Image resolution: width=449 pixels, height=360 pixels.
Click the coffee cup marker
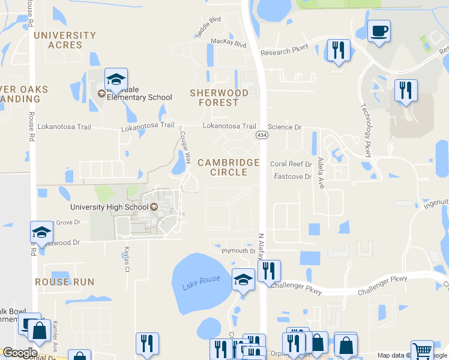(x=379, y=31)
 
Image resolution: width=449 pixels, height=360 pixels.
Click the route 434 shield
(x=264, y=135)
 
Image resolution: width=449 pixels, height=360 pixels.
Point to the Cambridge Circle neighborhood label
(x=229, y=167)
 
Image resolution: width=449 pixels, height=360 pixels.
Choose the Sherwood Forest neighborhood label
(x=219, y=97)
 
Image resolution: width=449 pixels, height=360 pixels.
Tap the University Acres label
(x=65, y=40)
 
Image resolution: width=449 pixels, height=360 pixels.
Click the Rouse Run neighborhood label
(x=65, y=281)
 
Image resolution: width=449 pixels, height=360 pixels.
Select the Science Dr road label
(x=285, y=127)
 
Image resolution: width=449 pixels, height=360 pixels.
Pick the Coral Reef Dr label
(x=291, y=164)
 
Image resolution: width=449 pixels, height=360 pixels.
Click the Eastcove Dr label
(x=293, y=176)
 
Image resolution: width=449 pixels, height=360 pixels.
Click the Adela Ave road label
(x=321, y=170)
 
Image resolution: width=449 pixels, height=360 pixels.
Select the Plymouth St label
(x=239, y=251)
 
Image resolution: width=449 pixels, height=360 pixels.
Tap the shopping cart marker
(x=422, y=350)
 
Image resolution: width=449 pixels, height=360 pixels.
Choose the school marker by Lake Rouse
(x=243, y=280)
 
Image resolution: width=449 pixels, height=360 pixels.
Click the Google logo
(x=20, y=353)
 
